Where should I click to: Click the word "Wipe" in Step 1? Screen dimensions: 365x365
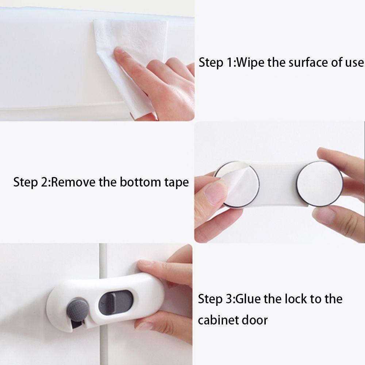[250, 63]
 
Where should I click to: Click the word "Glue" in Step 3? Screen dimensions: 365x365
[247, 299]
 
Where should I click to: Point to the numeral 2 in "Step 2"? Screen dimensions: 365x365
[44, 182]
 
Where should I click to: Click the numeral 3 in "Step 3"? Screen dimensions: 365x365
[229, 299]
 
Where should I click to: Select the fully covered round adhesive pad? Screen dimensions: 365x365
[320, 184]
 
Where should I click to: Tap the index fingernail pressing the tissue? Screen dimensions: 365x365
[119, 50]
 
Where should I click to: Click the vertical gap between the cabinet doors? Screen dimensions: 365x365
[103, 303]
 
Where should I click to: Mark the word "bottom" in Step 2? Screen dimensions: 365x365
[140, 182]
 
